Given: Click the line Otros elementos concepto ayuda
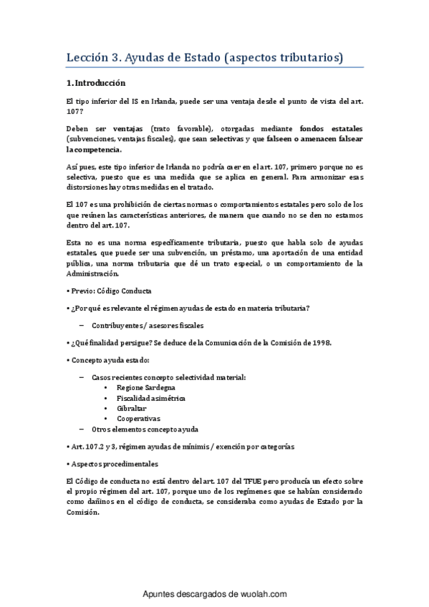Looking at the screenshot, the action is (145, 429).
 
